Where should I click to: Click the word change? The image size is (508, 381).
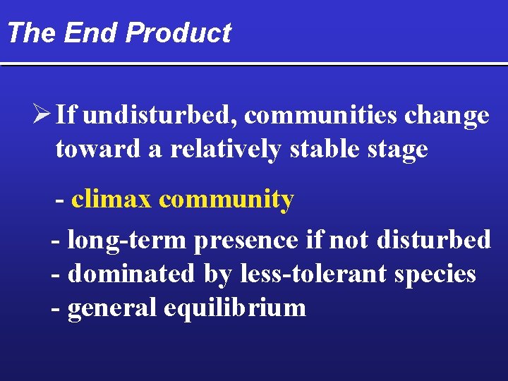tap(447, 115)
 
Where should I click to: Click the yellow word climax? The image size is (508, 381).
tap(111, 200)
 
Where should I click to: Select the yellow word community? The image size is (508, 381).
tap(226, 200)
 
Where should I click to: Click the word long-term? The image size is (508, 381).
tap(126, 240)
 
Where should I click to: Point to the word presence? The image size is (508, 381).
tap(246, 240)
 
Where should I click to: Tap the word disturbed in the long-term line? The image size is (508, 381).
tap(434, 240)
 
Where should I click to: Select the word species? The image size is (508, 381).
tap(435, 273)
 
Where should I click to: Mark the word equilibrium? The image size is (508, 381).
tap(235, 308)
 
